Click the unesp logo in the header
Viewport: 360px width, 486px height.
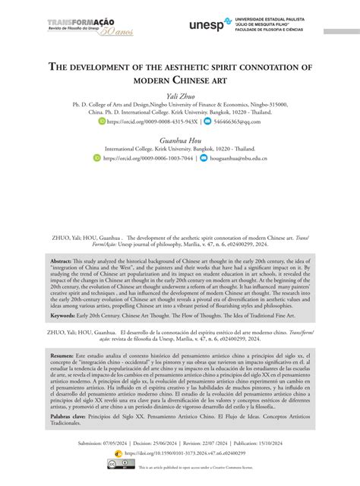click(207, 26)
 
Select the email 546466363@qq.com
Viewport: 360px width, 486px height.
click(241, 121)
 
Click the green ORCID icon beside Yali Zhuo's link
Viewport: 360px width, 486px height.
click(103, 121)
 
